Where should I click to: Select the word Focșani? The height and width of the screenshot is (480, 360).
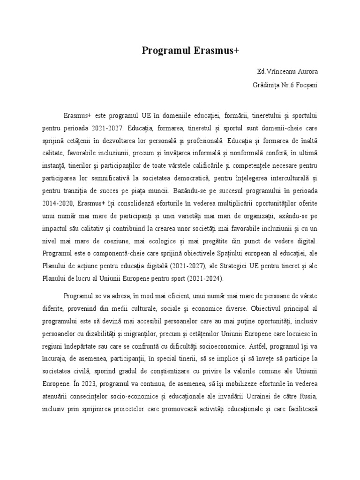click(305, 86)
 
